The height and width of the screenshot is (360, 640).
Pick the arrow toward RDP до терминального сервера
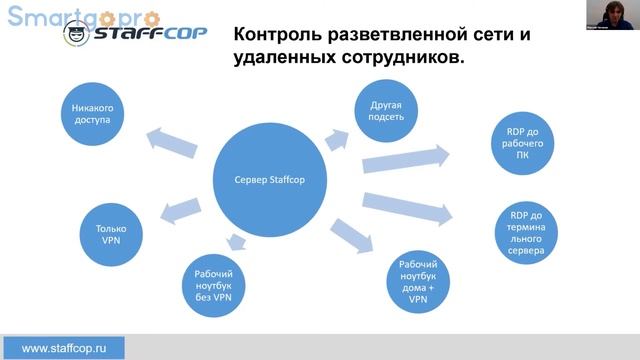click(409, 204)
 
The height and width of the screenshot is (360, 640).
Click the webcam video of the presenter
click(611, 15)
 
